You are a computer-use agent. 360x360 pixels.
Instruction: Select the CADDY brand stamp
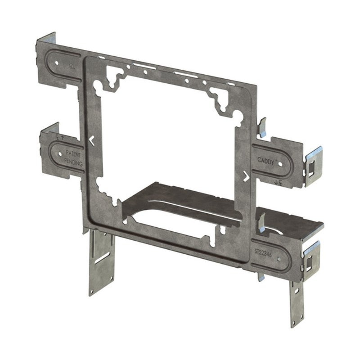click(265, 160)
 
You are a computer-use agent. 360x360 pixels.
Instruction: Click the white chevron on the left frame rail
click(92, 140)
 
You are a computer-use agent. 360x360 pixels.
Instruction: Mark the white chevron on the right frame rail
click(246, 176)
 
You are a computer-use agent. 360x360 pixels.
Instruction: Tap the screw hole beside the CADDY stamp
click(282, 164)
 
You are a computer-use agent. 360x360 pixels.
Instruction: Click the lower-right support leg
click(297, 301)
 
